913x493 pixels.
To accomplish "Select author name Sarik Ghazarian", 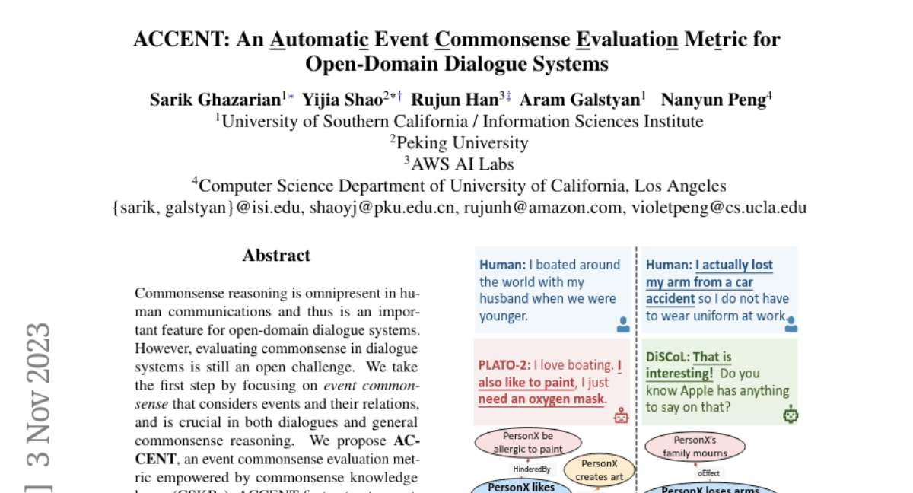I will pyautogui.click(x=215, y=99).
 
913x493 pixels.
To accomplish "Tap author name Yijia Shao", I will pyautogui.click(x=342, y=99).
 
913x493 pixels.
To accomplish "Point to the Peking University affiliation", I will pyautogui.click(x=459, y=142).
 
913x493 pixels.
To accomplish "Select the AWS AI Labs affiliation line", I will pyautogui.click(x=459, y=164).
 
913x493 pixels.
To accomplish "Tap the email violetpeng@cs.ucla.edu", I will pyautogui.click(x=719, y=208).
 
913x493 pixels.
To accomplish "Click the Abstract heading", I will pyautogui.click(x=276, y=256).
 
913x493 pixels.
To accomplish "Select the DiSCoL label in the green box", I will pyautogui.click(x=667, y=357).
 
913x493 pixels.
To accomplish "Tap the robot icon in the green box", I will pyautogui.click(x=791, y=415).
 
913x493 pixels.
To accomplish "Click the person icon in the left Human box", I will pyautogui.click(x=623, y=325).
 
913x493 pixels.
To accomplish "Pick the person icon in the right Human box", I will pyautogui.click(x=791, y=325).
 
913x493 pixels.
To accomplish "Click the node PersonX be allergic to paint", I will pyautogui.click(x=528, y=443).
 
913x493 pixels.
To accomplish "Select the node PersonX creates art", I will pyautogui.click(x=599, y=469).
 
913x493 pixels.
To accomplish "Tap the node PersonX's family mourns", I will pyautogui.click(x=695, y=446).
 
